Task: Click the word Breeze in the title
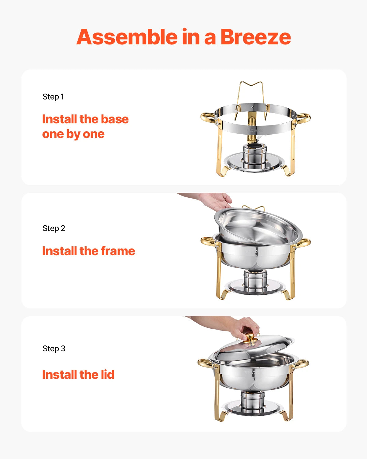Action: coord(255,37)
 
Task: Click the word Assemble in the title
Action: coord(127,37)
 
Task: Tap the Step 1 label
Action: coord(53,97)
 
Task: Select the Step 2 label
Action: coord(54,228)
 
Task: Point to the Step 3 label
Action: coord(54,349)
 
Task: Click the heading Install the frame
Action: coord(88,251)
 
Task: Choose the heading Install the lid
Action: coord(78,375)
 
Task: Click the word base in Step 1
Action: coord(115,119)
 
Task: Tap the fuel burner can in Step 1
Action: coord(254,152)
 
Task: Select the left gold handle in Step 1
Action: coord(207,118)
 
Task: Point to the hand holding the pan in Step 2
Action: coord(216,200)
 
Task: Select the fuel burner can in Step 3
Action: coord(252,400)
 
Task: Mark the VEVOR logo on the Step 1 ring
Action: coord(254,130)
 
